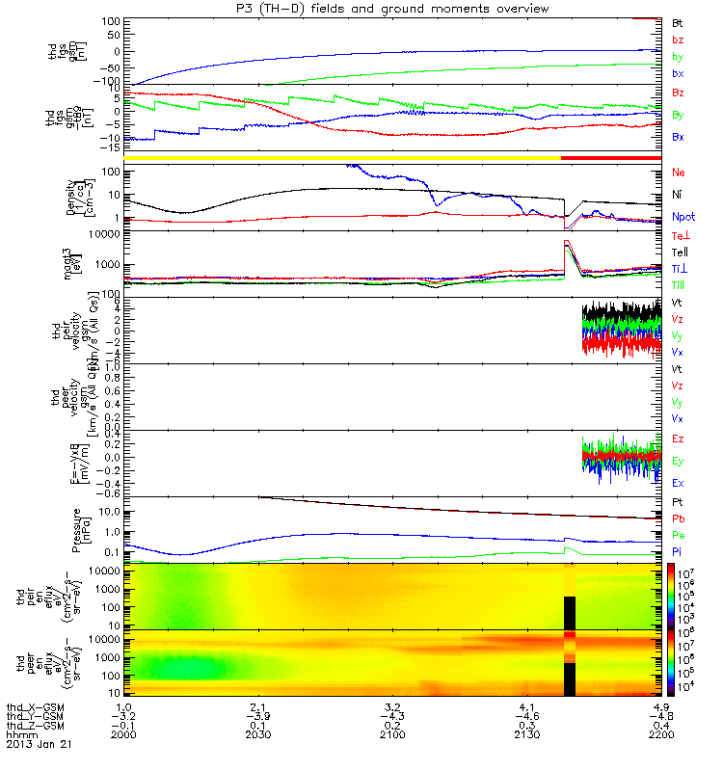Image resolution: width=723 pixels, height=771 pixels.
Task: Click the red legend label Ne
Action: coord(679,172)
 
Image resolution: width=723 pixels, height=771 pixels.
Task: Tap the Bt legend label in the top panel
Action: coord(678,20)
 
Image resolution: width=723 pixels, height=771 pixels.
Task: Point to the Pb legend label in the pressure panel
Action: coord(678,519)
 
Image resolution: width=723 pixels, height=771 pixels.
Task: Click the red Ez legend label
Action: coord(678,439)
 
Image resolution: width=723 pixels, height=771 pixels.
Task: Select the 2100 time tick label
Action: coord(397,735)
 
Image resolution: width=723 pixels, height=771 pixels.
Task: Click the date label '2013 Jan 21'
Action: coord(33,744)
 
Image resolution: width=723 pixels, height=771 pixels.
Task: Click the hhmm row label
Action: coord(19,735)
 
